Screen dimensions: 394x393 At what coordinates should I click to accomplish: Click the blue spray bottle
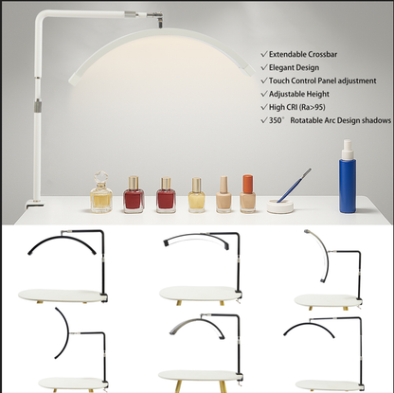348,176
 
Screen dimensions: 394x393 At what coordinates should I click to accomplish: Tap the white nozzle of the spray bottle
348,149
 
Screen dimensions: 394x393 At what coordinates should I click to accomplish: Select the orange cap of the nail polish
248,183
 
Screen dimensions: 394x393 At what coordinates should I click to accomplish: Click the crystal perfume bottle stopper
101,179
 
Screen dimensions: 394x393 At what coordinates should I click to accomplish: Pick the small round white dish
280,206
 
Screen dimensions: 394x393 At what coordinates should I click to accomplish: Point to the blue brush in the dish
294,186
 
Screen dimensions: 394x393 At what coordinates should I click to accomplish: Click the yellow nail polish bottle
196,195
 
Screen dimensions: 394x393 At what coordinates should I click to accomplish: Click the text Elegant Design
294,67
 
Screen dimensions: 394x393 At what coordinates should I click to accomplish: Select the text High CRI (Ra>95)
297,107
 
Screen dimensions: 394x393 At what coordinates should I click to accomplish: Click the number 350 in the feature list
276,120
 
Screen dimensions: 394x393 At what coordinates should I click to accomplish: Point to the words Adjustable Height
299,94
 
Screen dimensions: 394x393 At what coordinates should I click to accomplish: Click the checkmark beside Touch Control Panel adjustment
264,80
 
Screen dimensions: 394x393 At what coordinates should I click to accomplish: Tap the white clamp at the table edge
34,204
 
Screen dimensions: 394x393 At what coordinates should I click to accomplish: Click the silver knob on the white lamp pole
38,104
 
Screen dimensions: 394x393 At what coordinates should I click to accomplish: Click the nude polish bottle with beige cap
224,194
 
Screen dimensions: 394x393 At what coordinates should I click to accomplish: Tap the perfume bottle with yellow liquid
101,192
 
